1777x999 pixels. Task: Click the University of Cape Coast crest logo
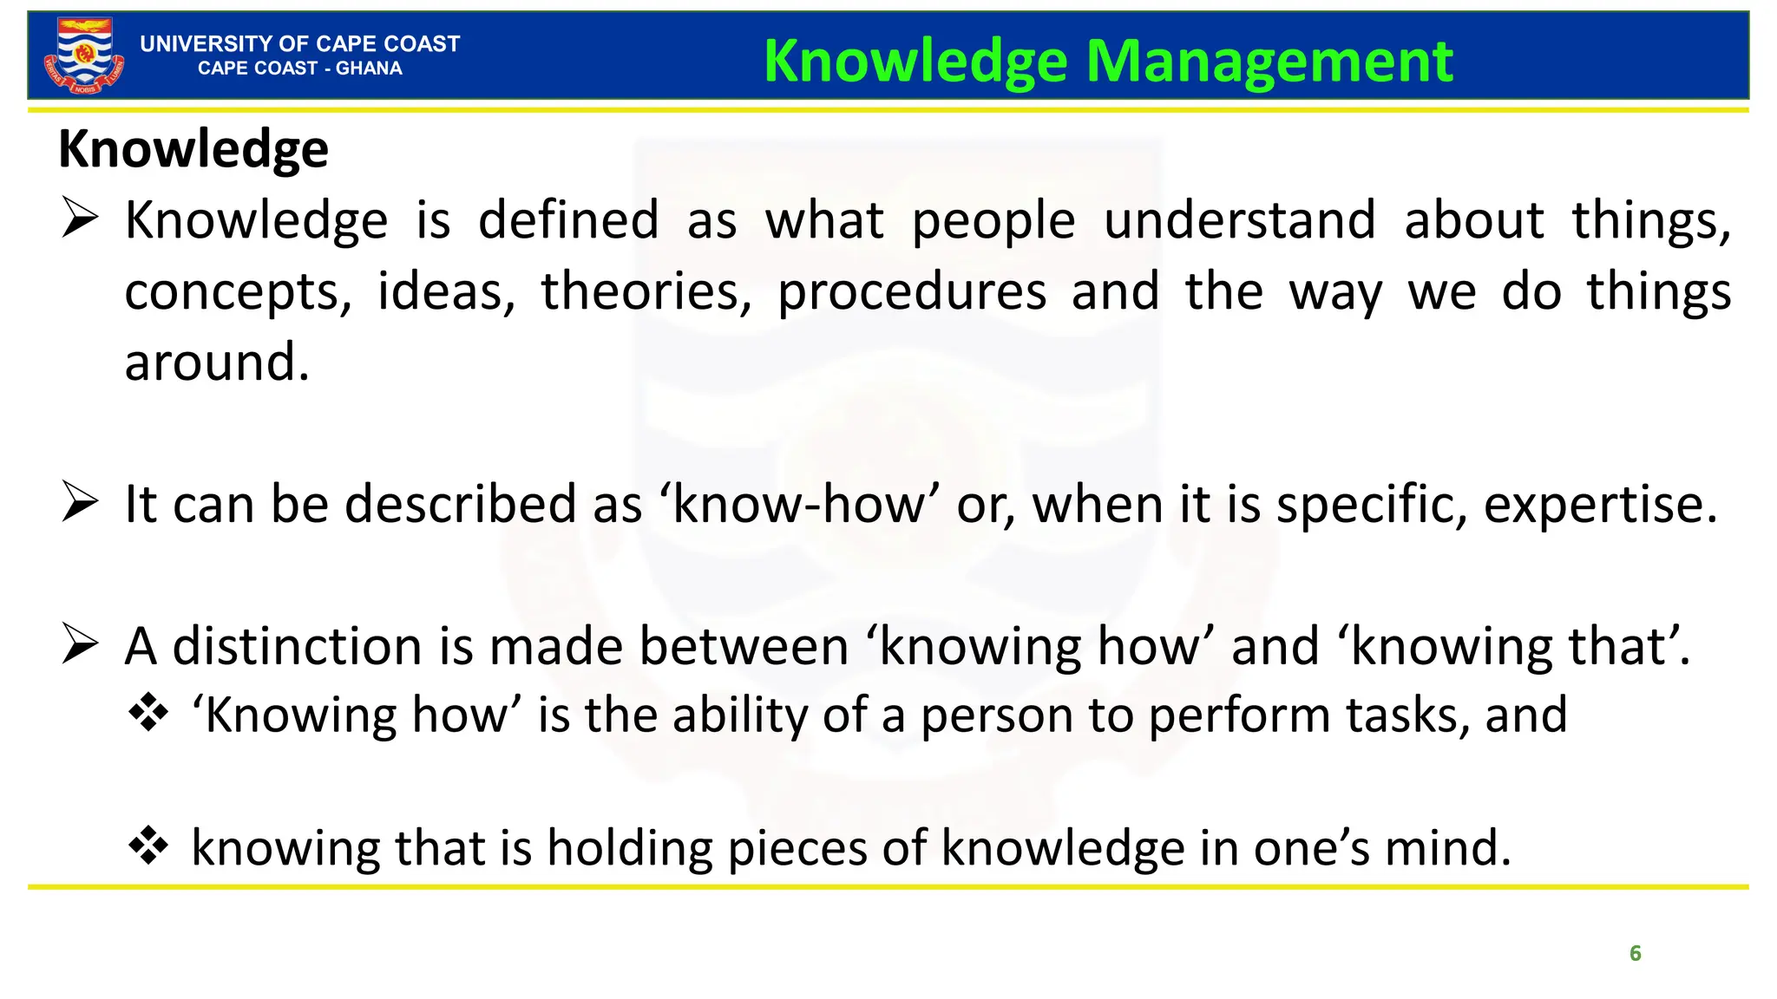click(83, 55)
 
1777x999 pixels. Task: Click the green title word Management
click(1269, 62)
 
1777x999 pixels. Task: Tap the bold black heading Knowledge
click(193, 149)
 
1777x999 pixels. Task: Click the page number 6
click(1635, 953)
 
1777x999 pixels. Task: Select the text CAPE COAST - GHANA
click(299, 69)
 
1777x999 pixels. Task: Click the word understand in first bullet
click(1239, 220)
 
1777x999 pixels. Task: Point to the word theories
click(646, 291)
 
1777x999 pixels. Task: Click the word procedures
click(911, 293)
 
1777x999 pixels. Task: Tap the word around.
click(217, 362)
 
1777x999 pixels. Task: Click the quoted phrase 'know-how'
click(799, 504)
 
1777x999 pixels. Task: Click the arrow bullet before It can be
click(80, 503)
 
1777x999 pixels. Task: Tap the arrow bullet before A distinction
click(80, 646)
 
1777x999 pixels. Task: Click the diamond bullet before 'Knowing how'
click(148, 713)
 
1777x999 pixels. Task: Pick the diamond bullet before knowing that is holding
click(148, 846)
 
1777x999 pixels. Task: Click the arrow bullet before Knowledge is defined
click(80, 219)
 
